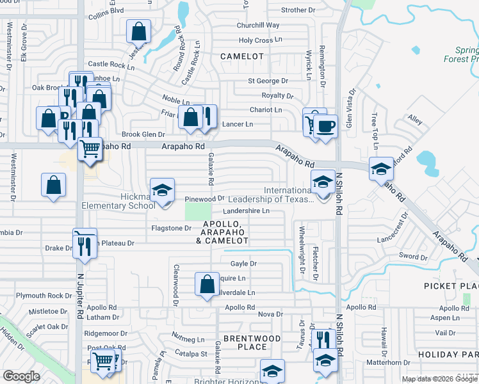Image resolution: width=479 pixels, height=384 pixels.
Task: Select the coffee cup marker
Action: click(325, 126)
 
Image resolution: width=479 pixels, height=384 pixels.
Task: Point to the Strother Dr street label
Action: click(298, 10)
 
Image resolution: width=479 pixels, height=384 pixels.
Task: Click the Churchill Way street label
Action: click(258, 26)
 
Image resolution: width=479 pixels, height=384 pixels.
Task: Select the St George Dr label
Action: click(268, 81)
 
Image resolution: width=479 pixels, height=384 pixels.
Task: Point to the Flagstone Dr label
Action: click(171, 228)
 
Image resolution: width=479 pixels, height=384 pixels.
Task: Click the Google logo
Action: click(21, 376)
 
